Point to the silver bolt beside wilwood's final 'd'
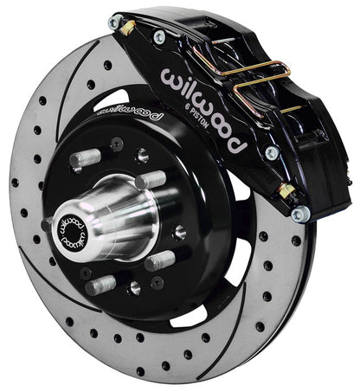point(272,152)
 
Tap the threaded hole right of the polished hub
point(179,231)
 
